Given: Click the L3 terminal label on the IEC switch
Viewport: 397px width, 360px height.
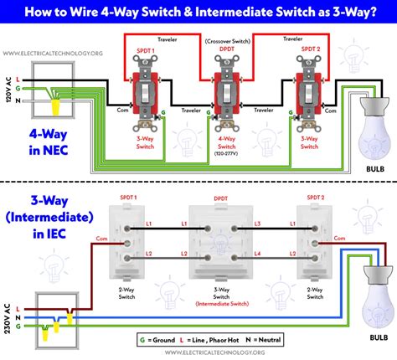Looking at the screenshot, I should click(x=258, y=224).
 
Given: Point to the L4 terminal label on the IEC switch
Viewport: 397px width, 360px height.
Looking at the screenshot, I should click(x=258, y=252).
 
